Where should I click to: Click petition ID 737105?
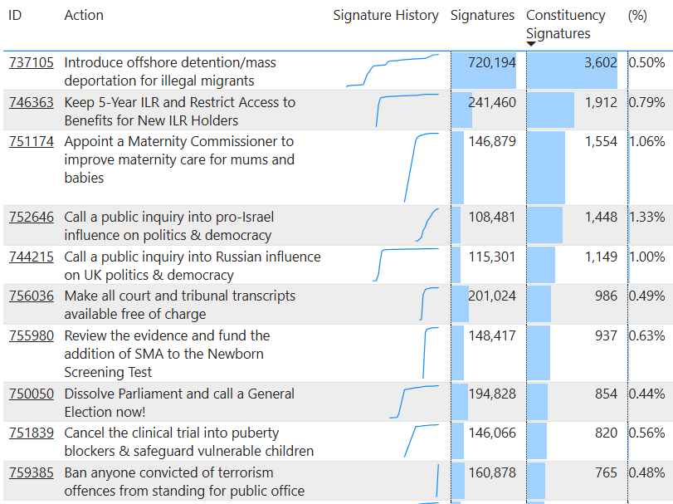32,63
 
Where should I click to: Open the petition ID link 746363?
32,103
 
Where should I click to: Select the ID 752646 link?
32,218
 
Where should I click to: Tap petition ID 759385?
32,473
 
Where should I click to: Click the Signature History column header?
386,16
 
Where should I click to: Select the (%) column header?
637,16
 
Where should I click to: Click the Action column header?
84,16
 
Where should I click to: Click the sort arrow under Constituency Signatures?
531,44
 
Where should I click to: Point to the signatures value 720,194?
492,63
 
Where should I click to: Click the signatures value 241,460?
492,103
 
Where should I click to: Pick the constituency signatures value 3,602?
600,63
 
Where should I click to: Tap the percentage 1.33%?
646,218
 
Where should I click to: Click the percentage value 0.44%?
646,394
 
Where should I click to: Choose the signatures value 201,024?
492,296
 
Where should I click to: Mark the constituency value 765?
606,473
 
